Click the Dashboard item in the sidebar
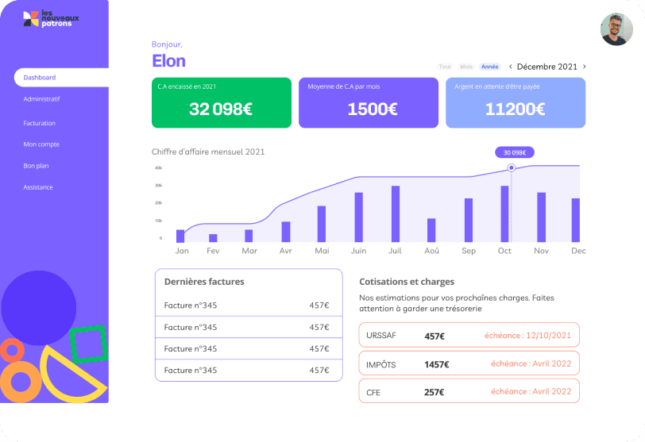pos(40,78)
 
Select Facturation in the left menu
pos(40,123)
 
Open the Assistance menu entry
pos(38,187)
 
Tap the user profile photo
pos(616,29)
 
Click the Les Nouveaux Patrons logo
pos(52,18)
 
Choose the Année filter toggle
pos(490,67)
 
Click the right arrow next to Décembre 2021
pos(585,67)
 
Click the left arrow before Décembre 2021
pos(510,67)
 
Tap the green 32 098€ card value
pos(221,110)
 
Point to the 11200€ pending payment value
pos(515,110)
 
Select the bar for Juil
pos(396,214)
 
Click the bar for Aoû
pos(431,230)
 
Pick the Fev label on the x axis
pos(213,251)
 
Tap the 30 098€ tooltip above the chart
pos(515,152)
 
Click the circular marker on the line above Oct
pos(511,167)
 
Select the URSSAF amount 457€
pos(435,336)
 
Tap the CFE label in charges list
pos(373,392)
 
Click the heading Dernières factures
pos(204,281)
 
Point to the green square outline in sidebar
pos(87,344)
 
